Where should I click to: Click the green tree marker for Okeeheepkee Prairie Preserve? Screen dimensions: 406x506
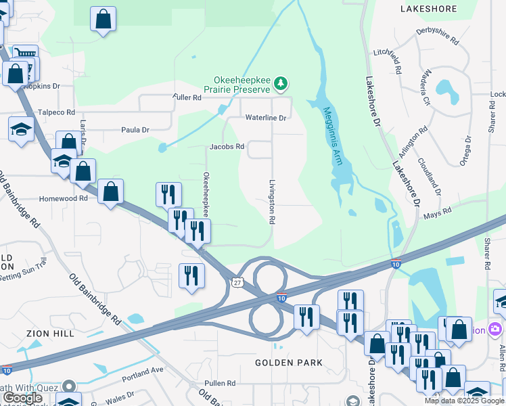click(x=281, y=85)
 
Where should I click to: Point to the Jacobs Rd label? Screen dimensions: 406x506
click(x=227, y=146)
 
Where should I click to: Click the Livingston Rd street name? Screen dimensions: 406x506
click(x=272, y=202)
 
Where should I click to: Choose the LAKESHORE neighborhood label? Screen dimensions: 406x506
click(x=429, y=9)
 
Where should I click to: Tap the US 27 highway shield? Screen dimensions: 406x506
click(x=235, y=281)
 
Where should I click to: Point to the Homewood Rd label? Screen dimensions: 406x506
click(x=64, y=199)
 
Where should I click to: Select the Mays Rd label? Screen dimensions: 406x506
click(x=437, y=215)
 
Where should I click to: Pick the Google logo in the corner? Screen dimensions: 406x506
click(x=22, y=398)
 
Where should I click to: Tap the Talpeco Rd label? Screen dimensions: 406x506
click(x=56, y=112)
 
